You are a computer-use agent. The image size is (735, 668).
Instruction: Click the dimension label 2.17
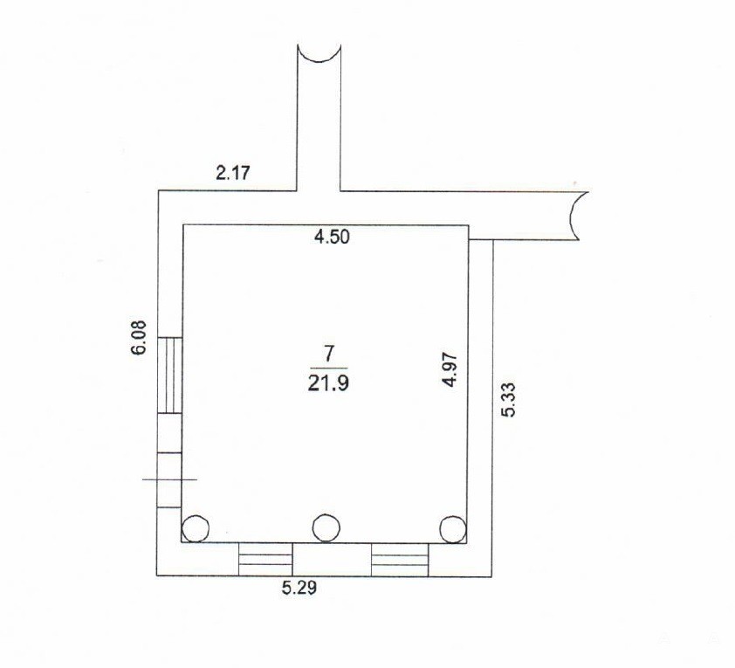click(233, 174)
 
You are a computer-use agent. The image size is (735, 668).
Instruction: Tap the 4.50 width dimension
click(332, 237)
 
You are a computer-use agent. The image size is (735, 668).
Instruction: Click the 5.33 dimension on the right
click(509, 399)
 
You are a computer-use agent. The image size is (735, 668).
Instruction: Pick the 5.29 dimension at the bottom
click(299, 588)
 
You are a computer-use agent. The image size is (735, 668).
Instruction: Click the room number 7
click(328, 354)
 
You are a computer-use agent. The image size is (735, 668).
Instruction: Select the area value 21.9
click(328, 384)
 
